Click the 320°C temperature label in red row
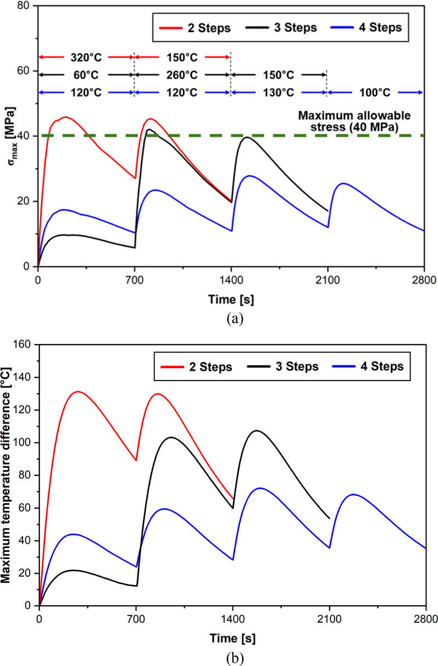pyautogui.click(x=87, y=57)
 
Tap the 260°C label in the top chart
pyautogui.click(x=182, y=74)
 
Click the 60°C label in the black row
pyautogui.click(x=87, y=74)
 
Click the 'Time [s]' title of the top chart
pyautogui.click(x=230, y=300)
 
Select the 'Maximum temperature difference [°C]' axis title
pyautogui.click(x=9, y=475)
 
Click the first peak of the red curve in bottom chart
pyautogui.click(x=78, y=392)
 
